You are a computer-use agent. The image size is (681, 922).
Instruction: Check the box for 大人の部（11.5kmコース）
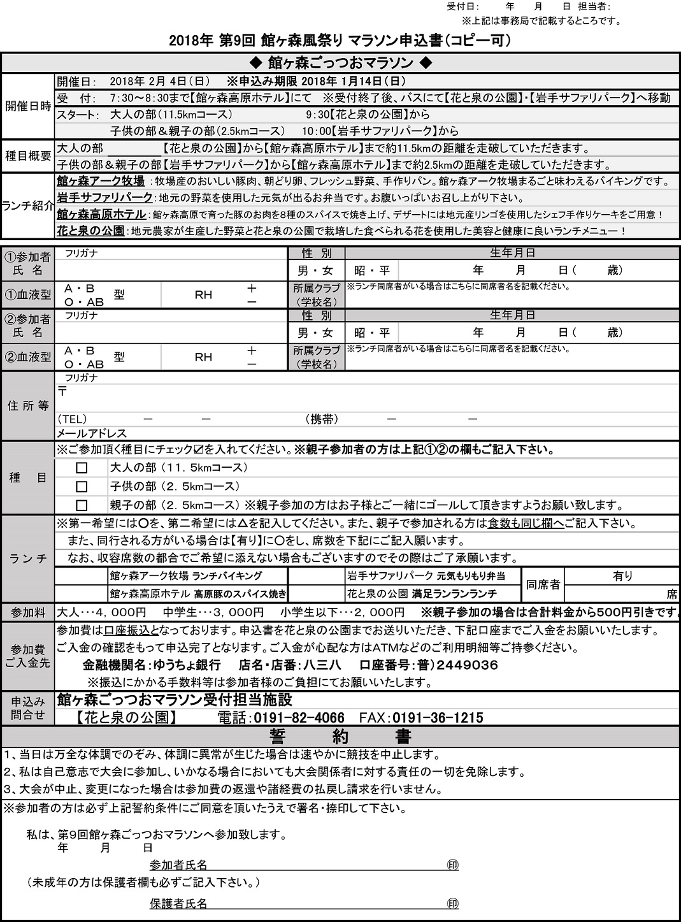(82, 468)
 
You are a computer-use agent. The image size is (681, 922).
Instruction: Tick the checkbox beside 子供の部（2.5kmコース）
(82, 487)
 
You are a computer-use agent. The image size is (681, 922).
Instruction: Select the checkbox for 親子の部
(82, 506)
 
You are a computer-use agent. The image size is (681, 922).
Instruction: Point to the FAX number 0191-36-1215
(438, 718)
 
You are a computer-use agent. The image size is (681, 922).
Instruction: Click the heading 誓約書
(340, 737)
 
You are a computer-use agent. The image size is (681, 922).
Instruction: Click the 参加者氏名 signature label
(178, 865)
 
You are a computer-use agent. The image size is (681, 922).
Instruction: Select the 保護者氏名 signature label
(178, 904)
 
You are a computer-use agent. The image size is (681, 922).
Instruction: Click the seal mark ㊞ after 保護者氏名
(453, 904)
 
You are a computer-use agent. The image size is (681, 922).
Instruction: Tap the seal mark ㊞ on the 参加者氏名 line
(453, 865)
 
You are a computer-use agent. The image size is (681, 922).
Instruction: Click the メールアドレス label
(92, 433)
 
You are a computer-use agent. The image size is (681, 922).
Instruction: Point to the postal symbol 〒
(62, 392)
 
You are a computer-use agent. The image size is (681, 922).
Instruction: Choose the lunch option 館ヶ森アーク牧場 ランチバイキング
(186, 576)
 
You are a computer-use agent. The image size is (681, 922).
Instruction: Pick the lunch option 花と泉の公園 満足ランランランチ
(422, 594)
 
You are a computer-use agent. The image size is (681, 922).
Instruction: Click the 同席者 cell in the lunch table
(543, 585)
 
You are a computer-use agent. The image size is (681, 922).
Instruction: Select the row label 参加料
(28, 613)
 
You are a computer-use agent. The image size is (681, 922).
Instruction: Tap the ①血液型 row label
(28, 296)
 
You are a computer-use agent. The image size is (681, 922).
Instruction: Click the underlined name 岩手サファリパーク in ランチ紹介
(104, 198)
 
